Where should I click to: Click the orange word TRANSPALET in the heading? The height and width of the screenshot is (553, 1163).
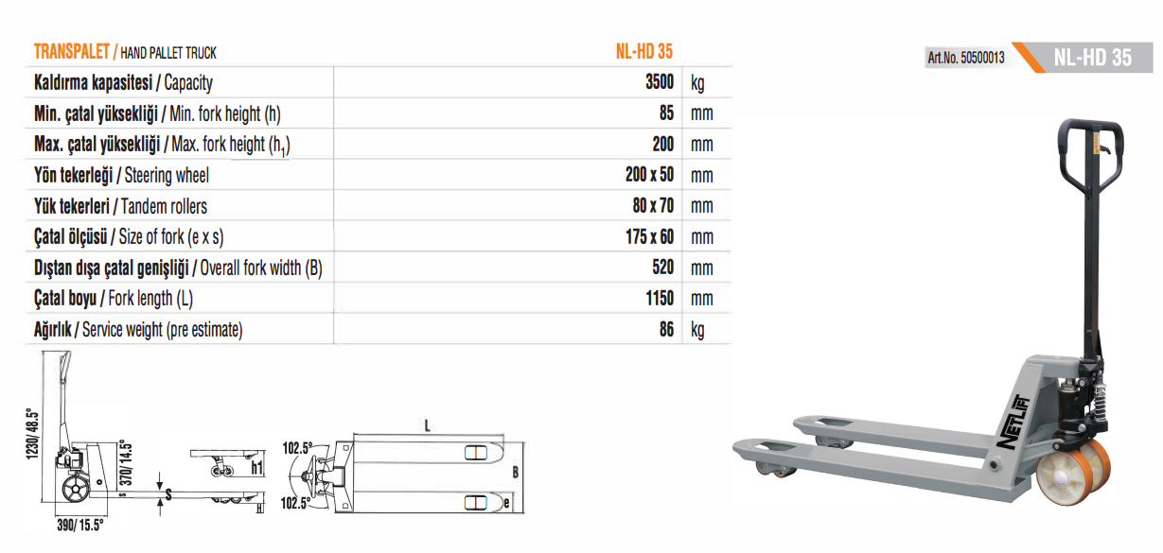point(72,52)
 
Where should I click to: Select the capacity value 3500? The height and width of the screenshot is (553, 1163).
point(660,82)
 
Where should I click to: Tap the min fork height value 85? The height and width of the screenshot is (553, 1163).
point(666,112)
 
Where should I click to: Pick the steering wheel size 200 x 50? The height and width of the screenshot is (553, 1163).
point(649,175)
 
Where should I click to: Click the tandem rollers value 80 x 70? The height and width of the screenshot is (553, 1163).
point(653,205)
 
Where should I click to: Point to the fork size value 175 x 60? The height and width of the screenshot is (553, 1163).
point(649,236)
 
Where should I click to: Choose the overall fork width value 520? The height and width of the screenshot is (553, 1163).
point(663,268)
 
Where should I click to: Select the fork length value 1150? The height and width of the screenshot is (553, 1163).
point(660,299)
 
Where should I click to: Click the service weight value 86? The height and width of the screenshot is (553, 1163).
point(666,329)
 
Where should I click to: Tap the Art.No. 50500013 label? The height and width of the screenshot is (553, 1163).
point(966,58)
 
